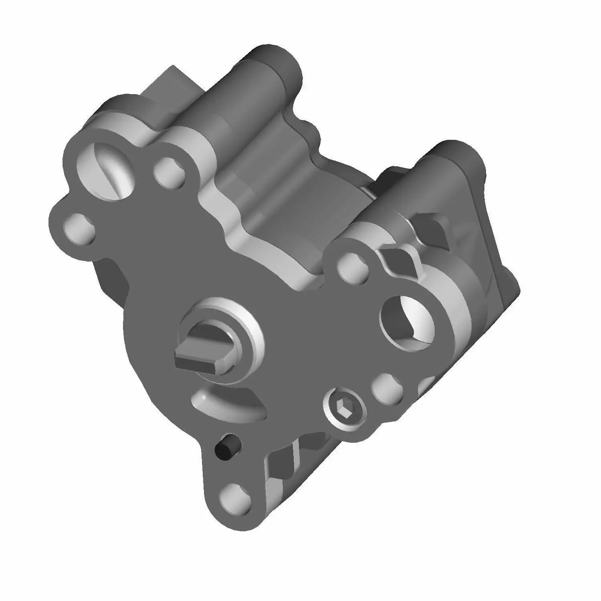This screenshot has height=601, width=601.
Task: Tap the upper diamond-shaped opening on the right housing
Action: point(431,228)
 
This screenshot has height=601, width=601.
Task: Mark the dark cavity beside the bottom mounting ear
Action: point(280,465)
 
